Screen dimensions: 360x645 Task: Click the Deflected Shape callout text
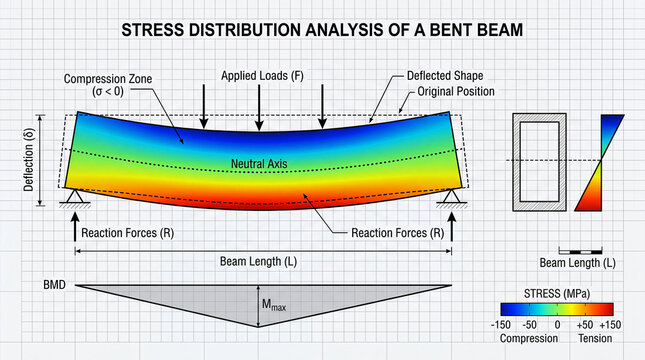click(443, 76)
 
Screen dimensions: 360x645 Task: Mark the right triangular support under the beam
click(449, 195)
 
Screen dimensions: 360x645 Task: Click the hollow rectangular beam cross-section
click(539, 161)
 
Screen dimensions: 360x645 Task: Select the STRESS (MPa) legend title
click(557, 294)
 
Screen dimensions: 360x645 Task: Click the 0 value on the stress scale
click(557, 325)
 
